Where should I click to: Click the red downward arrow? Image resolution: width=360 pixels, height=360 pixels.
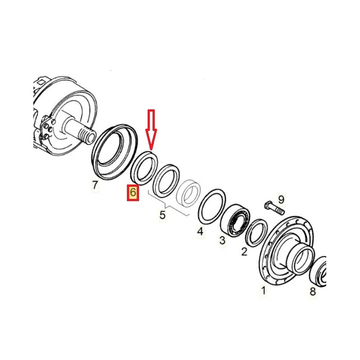click(151, 130)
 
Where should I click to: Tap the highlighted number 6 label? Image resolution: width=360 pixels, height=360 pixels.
click(133, 193)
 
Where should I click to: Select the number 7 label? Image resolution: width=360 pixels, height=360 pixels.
click(95, 185)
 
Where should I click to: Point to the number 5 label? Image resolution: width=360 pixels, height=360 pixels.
click(162, 215)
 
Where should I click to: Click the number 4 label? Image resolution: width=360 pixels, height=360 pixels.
click(200, 231)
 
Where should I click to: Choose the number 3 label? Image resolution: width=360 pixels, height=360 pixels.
click(222, 241)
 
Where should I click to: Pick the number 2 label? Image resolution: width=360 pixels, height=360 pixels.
click(244, 252)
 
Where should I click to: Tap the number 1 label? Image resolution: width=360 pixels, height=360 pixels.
click(263, 290)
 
